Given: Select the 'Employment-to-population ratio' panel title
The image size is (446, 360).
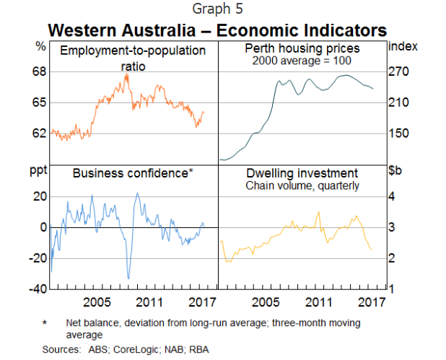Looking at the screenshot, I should click(133, 57).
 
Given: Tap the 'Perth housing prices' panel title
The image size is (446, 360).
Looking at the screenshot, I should click(302, 49).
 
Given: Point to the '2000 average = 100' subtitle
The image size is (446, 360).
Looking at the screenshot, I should click(302, 61).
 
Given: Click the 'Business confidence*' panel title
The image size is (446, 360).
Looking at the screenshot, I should click(133, 173).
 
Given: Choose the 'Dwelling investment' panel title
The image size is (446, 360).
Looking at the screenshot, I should click(302, 173).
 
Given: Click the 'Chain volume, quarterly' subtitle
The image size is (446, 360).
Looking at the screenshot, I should click(302, 185).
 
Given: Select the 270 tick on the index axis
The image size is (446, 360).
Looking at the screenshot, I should click(399, 72).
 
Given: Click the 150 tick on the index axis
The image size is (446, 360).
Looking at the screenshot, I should click(399, 133).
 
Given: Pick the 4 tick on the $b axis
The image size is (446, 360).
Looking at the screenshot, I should click(393, 197).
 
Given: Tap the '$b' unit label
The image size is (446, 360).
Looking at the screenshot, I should click(395, 172).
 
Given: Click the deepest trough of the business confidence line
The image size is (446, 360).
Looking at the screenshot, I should click(128, 278).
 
